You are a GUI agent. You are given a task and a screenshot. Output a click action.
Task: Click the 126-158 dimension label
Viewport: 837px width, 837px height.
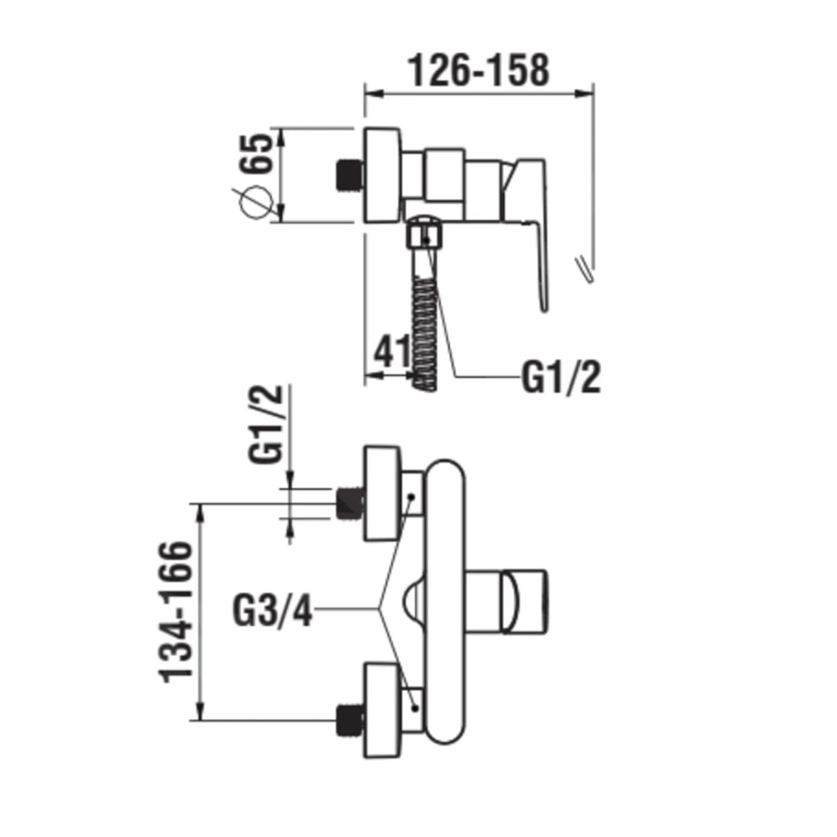tap(479, 71)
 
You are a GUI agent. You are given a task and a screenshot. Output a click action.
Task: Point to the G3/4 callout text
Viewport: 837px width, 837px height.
tap(272, 612)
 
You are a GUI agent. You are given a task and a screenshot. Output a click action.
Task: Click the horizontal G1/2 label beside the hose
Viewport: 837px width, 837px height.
tap(561, 378)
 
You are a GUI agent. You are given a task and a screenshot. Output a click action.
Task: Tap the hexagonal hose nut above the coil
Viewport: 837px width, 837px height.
tap(424, 234)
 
